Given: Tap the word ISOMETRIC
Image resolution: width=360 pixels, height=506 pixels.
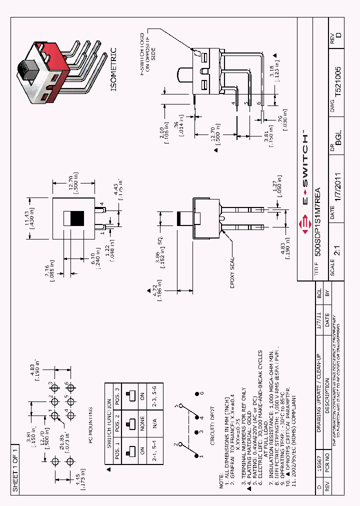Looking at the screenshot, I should click(x=113, y=69).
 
